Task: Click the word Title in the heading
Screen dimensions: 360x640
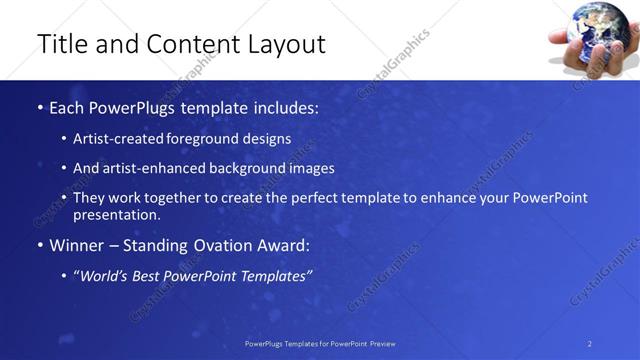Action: click(x=61, y=44)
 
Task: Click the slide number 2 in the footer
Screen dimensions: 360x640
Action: click(x=590, y=343)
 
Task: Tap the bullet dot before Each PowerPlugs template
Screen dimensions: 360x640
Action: click(x=39, y=107)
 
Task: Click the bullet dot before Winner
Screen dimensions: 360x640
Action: click(x=39, y=245)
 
